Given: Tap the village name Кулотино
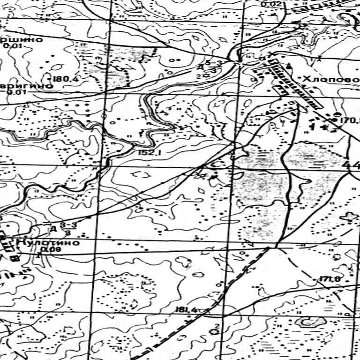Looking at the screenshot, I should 47,243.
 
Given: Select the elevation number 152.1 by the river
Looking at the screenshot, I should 150,153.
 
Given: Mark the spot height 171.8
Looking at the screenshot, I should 330,280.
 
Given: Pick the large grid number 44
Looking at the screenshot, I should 351,165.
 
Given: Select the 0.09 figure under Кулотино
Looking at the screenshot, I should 47,250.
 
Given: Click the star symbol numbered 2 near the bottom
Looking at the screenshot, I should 216,331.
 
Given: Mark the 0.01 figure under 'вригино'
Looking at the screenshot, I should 13,92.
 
